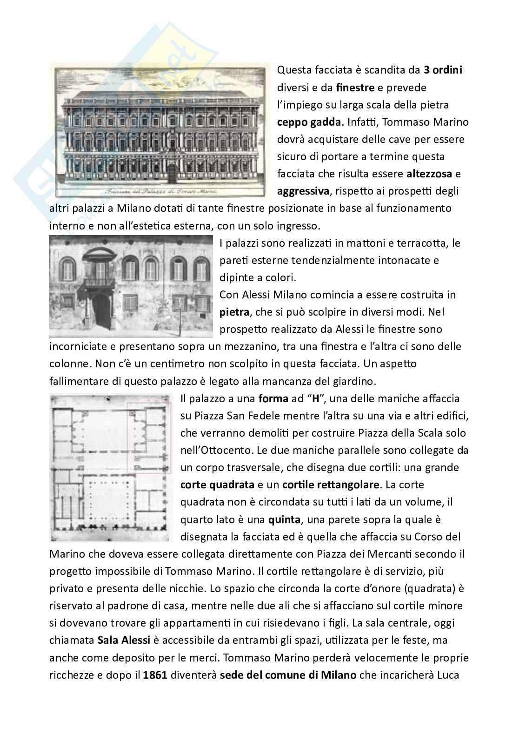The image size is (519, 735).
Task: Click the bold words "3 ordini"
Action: (x=443, y=70)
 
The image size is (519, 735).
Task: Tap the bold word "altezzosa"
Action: (x=429, y=174)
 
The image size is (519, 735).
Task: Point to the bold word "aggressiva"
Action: (x=303, y=191)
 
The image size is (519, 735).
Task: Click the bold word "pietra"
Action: (x=234, y=312)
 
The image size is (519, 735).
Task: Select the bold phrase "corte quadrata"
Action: (x=217, y=485)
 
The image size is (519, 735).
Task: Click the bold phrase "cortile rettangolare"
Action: (x=331, y=485)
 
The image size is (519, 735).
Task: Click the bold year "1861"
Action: (x=155, y=675)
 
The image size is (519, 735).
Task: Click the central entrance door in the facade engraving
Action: (x=173, y=174)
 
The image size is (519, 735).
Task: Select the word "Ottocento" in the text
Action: (x=214, y=451)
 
